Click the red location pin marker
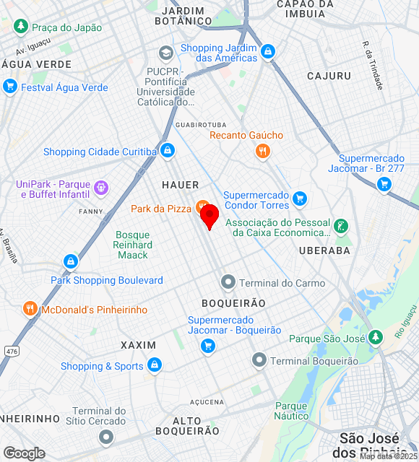(209, 216)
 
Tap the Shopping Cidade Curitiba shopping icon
(168, 151)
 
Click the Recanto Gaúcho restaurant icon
(262, 151)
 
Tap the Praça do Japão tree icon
(21, 27)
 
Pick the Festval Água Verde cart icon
(9, 87)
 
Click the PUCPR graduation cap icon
(166, 53)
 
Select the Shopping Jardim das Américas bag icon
(269, 51)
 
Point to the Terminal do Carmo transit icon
(228, 282)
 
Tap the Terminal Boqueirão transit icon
(259, 359)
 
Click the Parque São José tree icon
(375, 337)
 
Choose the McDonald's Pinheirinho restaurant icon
(30, 309)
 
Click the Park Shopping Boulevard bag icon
(71, 261)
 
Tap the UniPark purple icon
(101, 188)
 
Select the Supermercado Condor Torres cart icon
(300, 198)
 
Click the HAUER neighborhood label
(180, 185)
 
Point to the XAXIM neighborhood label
(139, 345)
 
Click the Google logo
(24, 453)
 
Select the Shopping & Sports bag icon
(154, 366)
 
